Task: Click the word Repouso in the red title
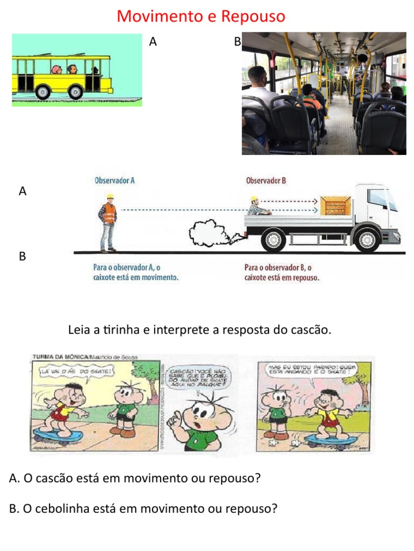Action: [252, 17]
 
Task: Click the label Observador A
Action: [114, 181]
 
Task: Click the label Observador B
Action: [266, 181]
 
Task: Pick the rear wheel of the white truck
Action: [273, 241]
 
